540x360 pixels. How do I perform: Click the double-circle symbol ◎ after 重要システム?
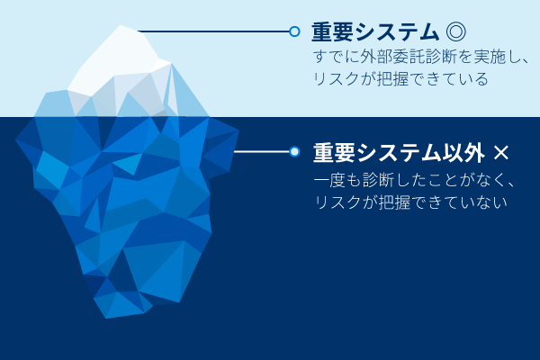[x=455, y=31]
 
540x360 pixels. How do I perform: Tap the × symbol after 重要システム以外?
[x=500, y=153]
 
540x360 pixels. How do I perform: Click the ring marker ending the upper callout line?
[x=294, y=31]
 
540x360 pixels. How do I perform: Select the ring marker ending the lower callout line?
[x=294, y=151]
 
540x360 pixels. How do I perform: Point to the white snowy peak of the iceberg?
[x=117, y=58]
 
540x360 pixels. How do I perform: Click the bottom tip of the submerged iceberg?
[x=106, y=318]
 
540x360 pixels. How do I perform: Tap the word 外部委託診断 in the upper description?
[x=393, y=57]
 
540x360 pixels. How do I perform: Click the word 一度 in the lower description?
[x=329, y=180]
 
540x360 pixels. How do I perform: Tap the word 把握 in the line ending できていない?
[x=395, y=202]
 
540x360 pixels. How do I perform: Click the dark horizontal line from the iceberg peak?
[x=213, y=31]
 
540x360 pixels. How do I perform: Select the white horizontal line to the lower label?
[x=262, y=151]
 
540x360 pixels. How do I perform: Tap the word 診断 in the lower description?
[x=378, y=180]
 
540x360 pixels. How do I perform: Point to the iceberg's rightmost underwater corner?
[x=238, y=130]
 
